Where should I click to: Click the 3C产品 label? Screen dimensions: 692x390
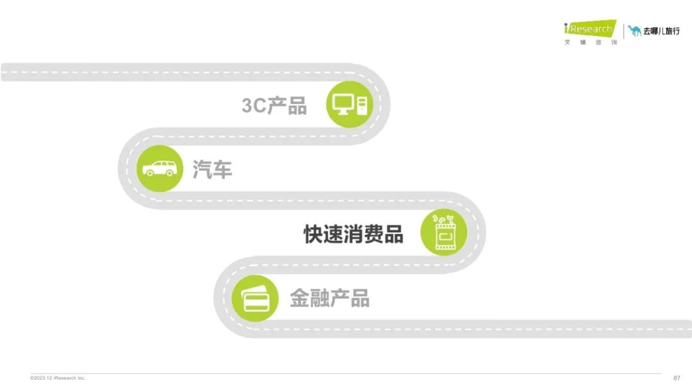pyautogui.click(x=274, y=106)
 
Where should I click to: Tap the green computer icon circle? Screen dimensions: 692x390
pyautogui.click(x=350, y=105)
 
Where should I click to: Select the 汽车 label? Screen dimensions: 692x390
pyautogui.click(x=212, y=169)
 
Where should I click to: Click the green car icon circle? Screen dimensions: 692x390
pyautogui.click(x=160, y=168)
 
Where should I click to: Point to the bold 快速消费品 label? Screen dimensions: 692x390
pyautogui.click(x=354, y=234)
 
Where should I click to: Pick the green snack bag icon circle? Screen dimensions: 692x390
pyautogui.click(x=444, y=232)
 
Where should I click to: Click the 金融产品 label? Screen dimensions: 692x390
pyautogui.click(x=330, y=298)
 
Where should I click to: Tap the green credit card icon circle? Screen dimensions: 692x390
pyautogui.click(x=255, y=298)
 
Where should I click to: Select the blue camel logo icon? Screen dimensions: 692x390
pyautogui.click(x=634, y=31)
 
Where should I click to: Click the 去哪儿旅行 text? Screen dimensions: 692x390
pyautogui.click(x=661, y=31)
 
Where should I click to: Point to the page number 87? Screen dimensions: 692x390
pyautogui.click(x=677, y=378)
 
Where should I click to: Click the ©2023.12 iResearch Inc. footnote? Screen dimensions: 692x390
pyautogui.click(x=58, y=378)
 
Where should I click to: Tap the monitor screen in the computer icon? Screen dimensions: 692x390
pyautogui.click(x=343, y=103)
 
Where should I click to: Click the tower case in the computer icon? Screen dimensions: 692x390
pyautogui.click(x=362, y=106)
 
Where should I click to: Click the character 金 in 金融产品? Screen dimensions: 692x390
pyautogui.click(x=299, y=298)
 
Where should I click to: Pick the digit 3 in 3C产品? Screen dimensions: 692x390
pyautogui.click(x=247, y=106)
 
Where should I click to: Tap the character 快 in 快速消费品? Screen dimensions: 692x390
pyautogui.click(x=313, y=234)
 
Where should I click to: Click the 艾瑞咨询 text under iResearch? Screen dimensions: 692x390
pyautogui.click(x=591, y=42)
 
